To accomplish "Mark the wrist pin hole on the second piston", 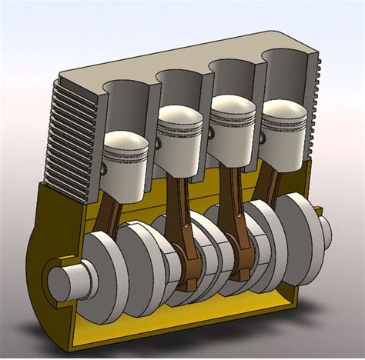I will click(x=159, y=144).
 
